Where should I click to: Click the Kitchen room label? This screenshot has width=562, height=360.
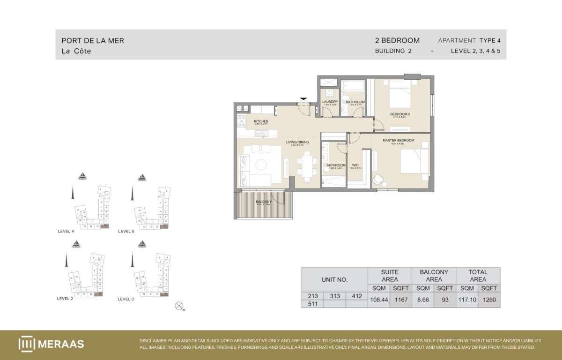coord(261,121)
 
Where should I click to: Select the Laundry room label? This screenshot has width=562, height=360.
coord(330,102)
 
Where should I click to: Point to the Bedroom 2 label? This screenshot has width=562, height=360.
coord(400,114)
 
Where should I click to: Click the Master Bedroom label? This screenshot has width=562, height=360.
coord(398,141)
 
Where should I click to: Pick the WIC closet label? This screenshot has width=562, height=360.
coord(355,165)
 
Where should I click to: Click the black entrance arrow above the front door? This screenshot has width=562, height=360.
coord(303,98)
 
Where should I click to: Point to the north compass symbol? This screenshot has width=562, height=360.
coord(178,306)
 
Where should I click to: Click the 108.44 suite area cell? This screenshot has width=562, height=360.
coord(378,300)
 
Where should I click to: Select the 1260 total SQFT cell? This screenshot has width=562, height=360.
coord(489,300)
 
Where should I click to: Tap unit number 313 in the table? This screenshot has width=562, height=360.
coord(334,296)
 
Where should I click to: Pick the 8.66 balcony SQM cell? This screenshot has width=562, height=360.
coord(422,300)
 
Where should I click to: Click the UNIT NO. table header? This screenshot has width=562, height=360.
coord(334,279)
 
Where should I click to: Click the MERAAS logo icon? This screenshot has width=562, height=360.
coord(26,344)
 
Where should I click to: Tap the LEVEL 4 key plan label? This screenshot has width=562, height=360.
coord(66,231)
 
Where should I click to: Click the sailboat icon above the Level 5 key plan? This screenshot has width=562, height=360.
coord(141,177)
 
